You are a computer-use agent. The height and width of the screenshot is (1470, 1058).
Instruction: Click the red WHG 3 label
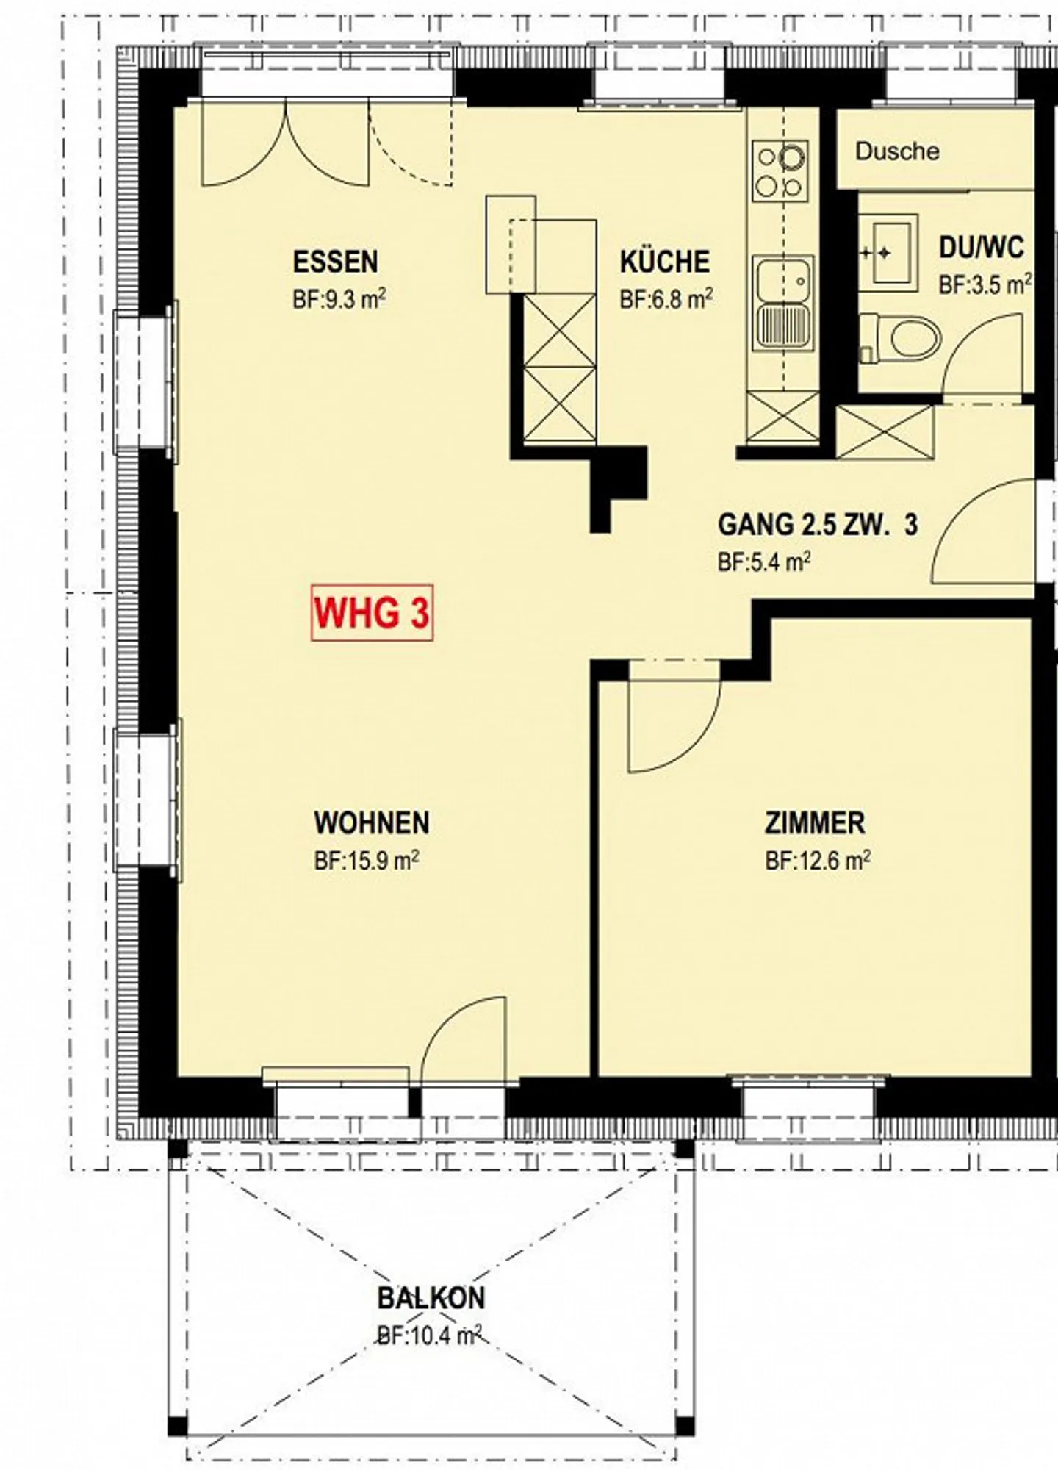(x=372, y=613)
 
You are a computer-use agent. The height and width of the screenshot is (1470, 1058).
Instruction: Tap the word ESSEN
(x=335, y=262)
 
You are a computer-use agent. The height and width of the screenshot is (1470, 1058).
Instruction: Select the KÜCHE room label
(x=665, y=262)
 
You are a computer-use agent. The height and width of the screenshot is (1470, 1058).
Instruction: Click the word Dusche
(x=897, y=151)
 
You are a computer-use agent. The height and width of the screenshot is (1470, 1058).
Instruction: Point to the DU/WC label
(x=982, y=248)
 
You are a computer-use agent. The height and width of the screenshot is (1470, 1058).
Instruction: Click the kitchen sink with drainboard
(x=783, y=302)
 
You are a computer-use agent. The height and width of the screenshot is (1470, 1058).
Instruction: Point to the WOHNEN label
(x=372, y=823)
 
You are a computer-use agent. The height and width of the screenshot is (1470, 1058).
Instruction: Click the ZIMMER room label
(x=815, y=823)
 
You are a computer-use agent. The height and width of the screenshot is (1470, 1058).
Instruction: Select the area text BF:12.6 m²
(x=818, y=860)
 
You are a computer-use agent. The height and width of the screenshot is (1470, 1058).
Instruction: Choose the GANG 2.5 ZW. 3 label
(x=818, y=525)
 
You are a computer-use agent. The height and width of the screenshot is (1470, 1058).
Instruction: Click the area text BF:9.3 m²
(x=339, y=300)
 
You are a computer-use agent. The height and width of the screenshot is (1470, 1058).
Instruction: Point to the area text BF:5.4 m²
(x=764, y=563)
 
